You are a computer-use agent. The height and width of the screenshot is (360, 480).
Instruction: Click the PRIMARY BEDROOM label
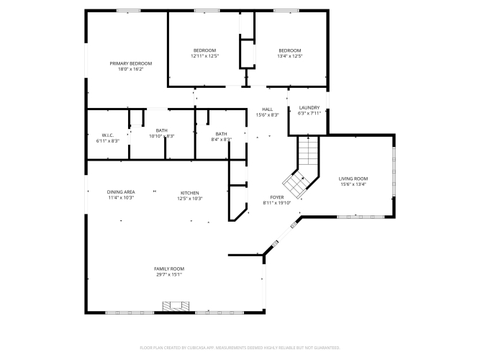click(x=131, y=63)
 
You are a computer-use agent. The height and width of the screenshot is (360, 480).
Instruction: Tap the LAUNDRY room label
click(x=309, y=107)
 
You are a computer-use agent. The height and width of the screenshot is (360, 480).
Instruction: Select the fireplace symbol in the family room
click(x=176, y=306)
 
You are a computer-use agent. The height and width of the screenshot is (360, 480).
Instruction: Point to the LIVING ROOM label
click(x=353, y=179)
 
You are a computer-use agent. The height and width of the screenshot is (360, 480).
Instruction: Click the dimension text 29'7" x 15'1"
click(x=169, y=274)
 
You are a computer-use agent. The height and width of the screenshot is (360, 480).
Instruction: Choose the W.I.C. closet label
click(x=108, y=135)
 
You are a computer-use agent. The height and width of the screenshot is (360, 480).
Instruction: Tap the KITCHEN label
click(x=190, y=193)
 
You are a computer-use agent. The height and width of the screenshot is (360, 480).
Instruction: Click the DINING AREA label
click(x=121, y=192)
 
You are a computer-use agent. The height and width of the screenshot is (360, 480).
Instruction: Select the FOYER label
click(x=277, y=197)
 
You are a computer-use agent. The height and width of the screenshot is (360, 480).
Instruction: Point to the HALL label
click(x=267, y=109)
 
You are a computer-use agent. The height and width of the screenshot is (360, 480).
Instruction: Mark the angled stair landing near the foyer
click(x=295, y=184)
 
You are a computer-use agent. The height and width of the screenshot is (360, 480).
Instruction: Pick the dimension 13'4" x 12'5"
click(x=290, y=56)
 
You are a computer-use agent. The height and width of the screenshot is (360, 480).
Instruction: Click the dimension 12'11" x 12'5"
click(x=204, y=56)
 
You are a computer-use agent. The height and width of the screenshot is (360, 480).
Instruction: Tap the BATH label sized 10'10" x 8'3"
click(x=162, y=130)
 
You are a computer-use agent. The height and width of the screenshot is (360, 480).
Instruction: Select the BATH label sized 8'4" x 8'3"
click(x=222, y=134)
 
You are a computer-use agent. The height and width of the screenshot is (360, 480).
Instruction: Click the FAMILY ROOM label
click(x=169, y=269)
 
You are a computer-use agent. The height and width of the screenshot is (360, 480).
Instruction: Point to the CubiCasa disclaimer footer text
click(x=240, y=348)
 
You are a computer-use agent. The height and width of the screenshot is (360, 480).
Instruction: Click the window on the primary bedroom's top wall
click(x=129, y=11)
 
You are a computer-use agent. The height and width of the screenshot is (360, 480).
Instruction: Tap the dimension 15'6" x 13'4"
click(x=353, y=184)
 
